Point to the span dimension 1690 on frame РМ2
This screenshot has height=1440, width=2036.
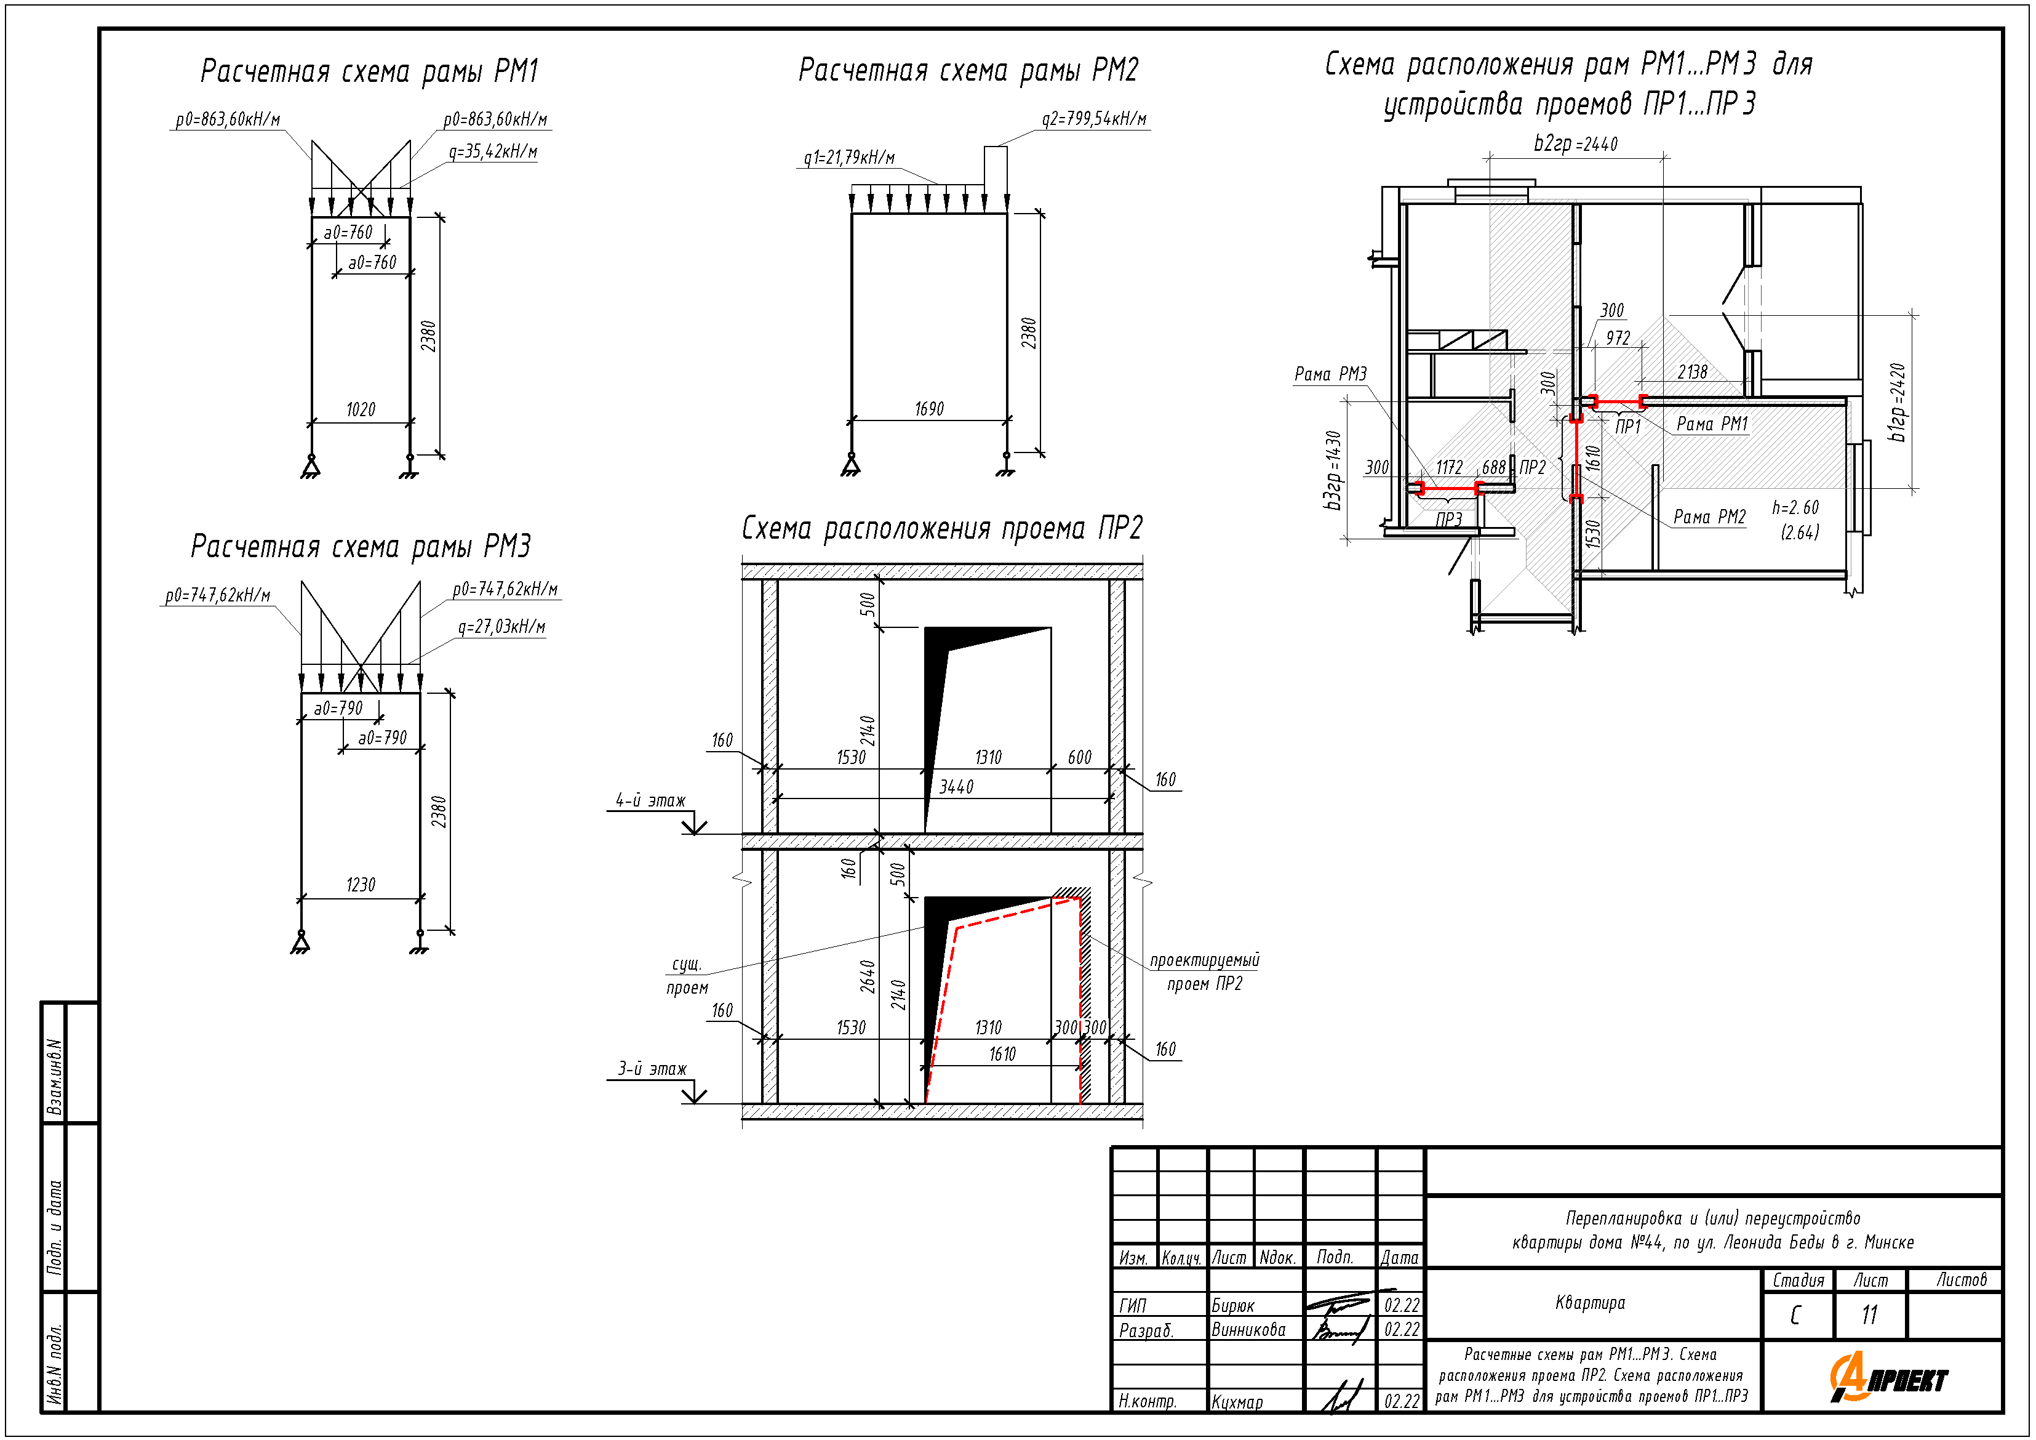pyautogui.click(x=928, y=409)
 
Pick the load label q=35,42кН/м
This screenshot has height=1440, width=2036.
pyautogui.click(x=492, y=151)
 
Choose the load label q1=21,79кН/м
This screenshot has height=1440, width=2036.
pyautogui.click(x=848, y=158)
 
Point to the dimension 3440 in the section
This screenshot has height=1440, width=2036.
pyautogui.click(x=956, y=787)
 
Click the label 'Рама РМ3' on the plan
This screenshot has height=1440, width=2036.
pyautogui.click(x=1330, y=374)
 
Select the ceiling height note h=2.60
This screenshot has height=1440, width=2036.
pyautogui.click(x=1795, y=507)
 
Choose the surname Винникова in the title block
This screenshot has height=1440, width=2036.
pyautogui.click(x=1248, y=1330)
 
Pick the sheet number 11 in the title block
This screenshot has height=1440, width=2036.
pyautogui.click(x=1869, y=1315)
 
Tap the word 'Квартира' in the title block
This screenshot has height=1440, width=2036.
pyautogui.click(x=1590, y=1303)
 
